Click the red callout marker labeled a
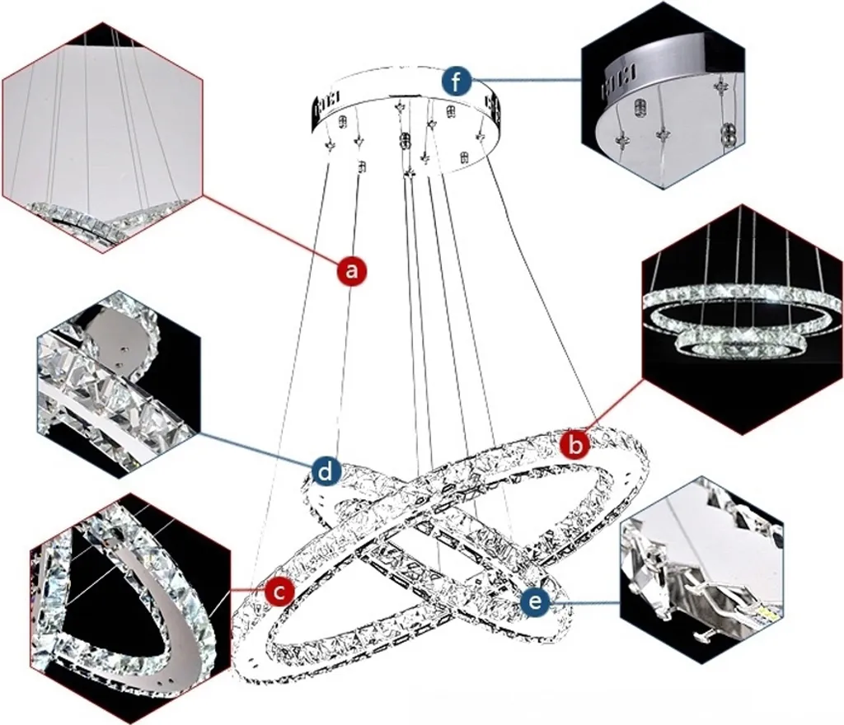pyautogui.click(x=353, y=269)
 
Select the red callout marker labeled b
pyautogui.click(x=575, y=445)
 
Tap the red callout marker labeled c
pyautogui.click(x=279, y=591)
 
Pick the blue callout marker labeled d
pyautogui.click(x=327, y=471)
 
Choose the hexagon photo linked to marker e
pyautogui.click(x=701, y=568)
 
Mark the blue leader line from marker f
pyautogui.click(x=527, y=80)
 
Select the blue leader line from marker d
pyautogui.click(x=256, y=451)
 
